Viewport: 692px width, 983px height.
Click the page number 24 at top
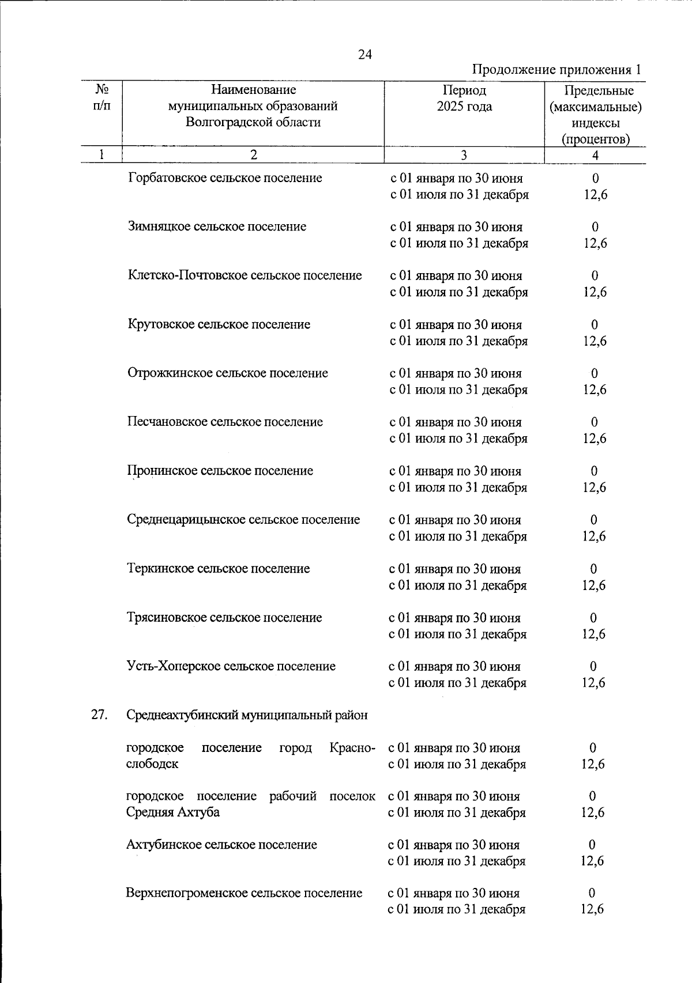coord(364,55)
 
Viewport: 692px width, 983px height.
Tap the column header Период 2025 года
coord(464,99)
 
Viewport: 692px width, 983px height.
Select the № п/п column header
coord(101,98)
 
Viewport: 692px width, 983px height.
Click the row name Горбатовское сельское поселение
coord(225,178)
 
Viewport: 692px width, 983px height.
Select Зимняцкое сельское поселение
coord(217,226)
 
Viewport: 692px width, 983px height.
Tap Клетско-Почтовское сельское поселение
coord(245,275)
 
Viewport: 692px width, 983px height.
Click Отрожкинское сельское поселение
coord(227,373)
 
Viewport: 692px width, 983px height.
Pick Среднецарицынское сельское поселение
coord(243,520)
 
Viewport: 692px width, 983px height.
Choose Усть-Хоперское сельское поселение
coord(231,667)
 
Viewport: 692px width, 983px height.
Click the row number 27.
coord(100,715)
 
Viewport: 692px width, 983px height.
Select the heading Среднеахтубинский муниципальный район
coord(247,716)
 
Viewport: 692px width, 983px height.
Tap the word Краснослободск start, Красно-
coord(352,748)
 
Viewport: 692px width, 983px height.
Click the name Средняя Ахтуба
coord(173,812)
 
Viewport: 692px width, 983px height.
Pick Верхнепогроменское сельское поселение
coord(244,893)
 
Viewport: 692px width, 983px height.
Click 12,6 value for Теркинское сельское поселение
coord(594,585)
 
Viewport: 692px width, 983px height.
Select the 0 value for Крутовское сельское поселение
coord(595,324)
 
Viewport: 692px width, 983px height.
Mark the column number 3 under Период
coord(464,155)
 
